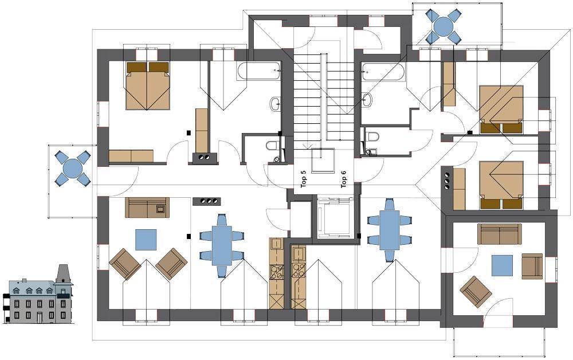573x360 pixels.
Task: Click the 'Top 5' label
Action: (x=304, y=179)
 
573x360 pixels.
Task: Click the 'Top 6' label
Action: (x=343, y=179)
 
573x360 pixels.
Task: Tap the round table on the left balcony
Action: (x=73, y=168)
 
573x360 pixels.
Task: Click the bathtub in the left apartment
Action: (x=259, y=71)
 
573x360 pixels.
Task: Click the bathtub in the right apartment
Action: (x=383, y=72)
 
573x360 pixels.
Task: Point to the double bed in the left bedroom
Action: (x=148, y=86)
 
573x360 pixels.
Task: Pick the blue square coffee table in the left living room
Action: (x=146, y=240)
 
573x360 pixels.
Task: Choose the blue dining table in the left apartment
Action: (x=222, y=245)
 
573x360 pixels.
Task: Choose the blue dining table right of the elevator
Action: (x=390, y=230)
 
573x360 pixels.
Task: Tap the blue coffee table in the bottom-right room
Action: (x=502, y=266)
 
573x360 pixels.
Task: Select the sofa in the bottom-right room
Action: (x=499, y=234)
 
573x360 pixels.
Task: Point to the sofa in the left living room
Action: (x=147, y=208)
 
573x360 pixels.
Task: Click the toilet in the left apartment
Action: (x=272, y=147)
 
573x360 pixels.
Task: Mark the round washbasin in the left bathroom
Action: (x=276, y=104)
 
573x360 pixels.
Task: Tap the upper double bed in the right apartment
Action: (x=501, y=109)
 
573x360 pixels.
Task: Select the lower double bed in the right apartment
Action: (x=501, y=185)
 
